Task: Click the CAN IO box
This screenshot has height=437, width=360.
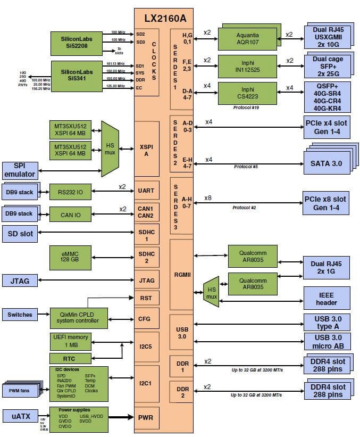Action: [x=70, y=213]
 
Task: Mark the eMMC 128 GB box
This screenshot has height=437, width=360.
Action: [x=70, y=258]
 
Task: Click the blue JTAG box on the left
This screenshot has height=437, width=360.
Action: [x=19, y=280]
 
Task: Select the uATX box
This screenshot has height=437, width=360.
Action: [x=19, y=415]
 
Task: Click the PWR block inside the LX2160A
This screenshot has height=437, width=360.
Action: [x=146, y=417]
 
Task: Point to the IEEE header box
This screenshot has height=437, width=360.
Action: [x=326, y=299]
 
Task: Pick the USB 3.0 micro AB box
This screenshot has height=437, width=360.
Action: [x=326, y=341]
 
